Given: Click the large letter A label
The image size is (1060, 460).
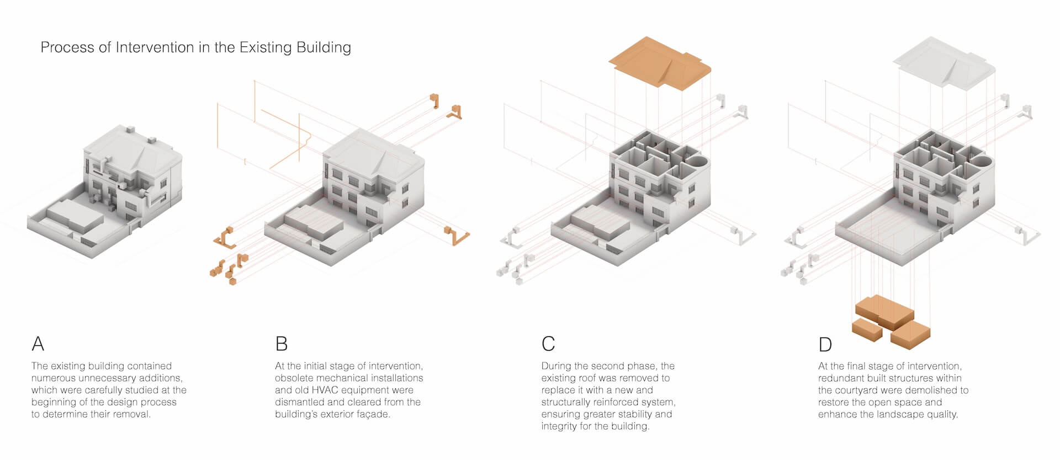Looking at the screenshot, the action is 38,344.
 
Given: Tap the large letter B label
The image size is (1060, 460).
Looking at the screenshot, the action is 282,344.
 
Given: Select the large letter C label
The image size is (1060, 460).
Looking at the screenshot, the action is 548,344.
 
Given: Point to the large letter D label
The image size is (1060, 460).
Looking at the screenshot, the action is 825,344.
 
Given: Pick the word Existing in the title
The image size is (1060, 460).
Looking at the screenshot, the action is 266,48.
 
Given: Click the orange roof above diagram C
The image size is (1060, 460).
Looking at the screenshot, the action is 660,62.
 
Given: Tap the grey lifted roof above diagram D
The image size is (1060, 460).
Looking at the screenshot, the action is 944,62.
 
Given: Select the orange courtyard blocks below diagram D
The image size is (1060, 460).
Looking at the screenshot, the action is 891,322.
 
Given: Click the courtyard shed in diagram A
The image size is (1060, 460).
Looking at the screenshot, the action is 75,217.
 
